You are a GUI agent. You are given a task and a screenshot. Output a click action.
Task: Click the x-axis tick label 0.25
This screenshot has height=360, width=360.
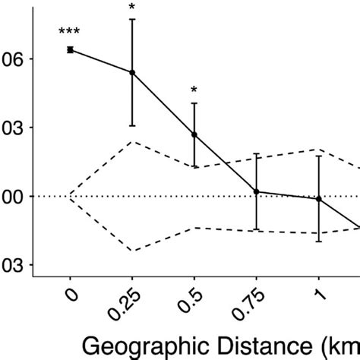[125, 302]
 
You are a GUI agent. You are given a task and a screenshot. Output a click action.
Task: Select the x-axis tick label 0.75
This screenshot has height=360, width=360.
[250, 302]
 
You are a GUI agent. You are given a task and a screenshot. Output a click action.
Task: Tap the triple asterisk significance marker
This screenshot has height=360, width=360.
[70, 33]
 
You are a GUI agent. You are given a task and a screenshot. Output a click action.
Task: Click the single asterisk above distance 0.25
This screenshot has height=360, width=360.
[132, 8]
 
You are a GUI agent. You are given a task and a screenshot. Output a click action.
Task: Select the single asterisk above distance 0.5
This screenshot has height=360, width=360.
[194, 91]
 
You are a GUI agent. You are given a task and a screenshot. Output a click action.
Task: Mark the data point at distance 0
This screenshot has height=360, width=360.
[70, 50]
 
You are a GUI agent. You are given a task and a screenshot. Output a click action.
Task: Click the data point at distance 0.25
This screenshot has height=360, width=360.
[132, 73]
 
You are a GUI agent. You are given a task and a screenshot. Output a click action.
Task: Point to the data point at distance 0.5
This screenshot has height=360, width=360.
[194, 134]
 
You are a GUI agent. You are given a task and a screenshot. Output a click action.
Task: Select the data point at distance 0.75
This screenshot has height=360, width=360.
[257, 192]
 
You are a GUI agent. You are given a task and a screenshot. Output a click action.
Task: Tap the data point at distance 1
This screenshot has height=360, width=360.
[319, 199]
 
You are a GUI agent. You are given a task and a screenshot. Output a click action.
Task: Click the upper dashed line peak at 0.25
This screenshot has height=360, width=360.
[132, 142]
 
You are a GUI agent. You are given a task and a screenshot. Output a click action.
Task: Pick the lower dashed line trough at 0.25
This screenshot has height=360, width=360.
[132, 251]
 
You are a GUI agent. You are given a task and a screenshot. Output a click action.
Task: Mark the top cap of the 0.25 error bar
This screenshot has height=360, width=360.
[132, 19]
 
